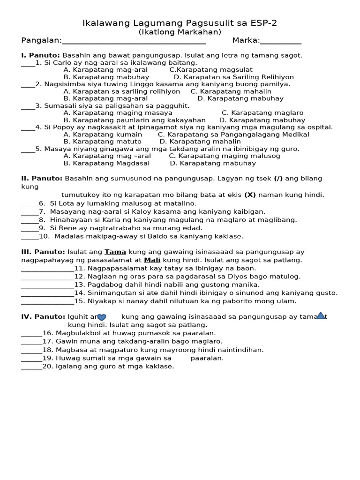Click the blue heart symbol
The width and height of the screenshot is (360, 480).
click(102, 317)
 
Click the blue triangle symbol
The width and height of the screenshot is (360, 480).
click(321, 316)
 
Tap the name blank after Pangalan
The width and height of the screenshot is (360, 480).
click(134, 41)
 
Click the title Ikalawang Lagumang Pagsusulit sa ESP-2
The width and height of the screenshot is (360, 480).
click(180, 23)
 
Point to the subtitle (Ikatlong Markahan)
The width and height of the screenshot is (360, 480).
click(180, 32)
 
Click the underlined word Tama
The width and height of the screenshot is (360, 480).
click(115, 252)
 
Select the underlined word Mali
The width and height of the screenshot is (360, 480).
click(152, 260)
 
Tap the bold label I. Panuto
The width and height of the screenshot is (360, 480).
click(41, 55)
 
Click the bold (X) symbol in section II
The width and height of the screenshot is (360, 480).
click(249, 195)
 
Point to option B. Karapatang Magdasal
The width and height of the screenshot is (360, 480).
click(106, 163)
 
